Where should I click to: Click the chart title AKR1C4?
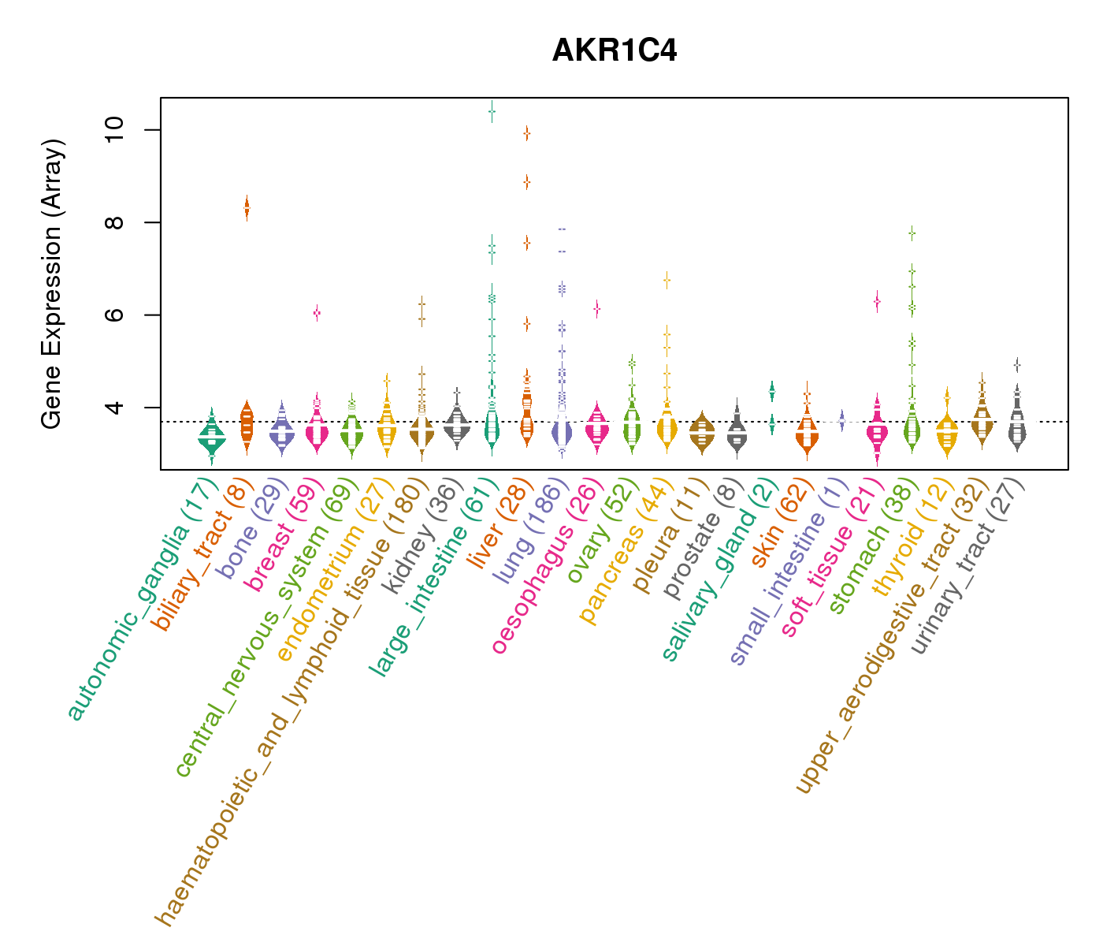point(615,50)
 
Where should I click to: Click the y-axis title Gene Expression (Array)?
point(51,284)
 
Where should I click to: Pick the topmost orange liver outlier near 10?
point(526,134)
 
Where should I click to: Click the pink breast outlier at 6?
point(317,313)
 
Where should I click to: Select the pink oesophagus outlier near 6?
point(597,309)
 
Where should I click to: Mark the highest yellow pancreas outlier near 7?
point(667,280)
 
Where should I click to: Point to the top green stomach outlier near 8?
point(912,233)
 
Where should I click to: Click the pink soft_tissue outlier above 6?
point(876,301)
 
